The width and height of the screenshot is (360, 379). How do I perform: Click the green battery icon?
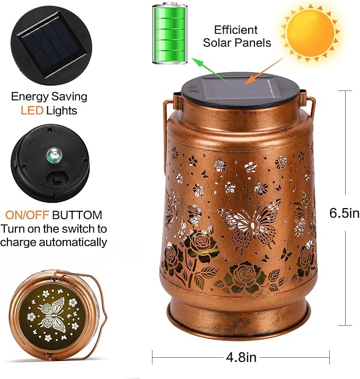point(170,33)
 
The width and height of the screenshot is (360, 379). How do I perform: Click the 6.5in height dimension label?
point(344,213)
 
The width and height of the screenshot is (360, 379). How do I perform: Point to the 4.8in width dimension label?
point(241,357)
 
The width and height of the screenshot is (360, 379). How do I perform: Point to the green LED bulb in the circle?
point(51,155)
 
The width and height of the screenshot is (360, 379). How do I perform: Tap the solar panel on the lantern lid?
point(236,87)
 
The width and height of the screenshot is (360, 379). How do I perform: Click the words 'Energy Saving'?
point(49,97)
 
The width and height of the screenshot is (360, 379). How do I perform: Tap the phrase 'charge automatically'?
point(54,242)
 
